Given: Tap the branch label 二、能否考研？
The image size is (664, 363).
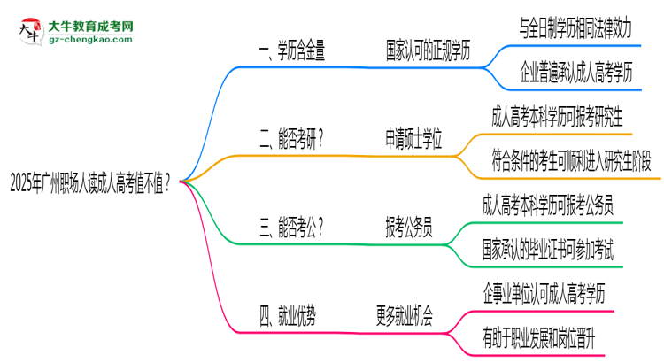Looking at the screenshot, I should (290, 139).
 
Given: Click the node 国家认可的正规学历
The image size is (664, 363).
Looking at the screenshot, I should (428, 52).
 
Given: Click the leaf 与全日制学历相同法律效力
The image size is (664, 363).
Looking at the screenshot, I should (575, 27).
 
